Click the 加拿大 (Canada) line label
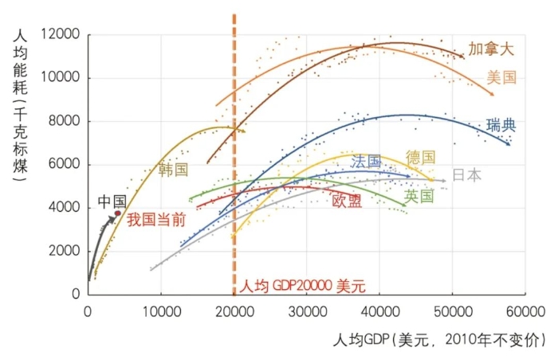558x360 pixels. [491, 49]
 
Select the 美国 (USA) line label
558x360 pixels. [502, 77]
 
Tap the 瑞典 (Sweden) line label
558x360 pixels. [501, 125]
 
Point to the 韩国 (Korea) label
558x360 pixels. [173, 170]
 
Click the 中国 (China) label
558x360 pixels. [112, 202]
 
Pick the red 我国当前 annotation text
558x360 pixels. [156, 220]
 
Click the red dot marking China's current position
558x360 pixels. [118, 213]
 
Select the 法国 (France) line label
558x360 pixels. [366, 162]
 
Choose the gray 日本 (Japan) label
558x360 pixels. [466, 175]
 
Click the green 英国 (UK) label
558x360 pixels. [418, 196]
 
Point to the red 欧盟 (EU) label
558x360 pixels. [347, 201]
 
